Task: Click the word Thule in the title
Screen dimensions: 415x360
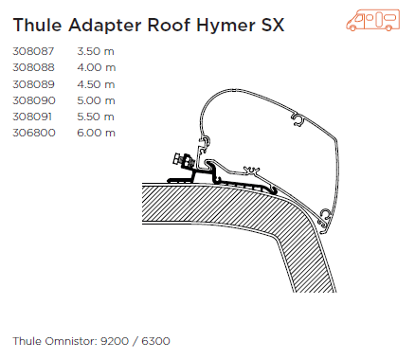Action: (x=37, y=25)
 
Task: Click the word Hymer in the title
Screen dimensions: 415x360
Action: (x=226, y=26)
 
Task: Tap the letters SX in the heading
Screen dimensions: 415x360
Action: (x=273, y=25)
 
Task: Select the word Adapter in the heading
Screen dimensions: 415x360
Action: (x=105, y=26)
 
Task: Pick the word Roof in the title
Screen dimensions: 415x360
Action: (x=169, y=25)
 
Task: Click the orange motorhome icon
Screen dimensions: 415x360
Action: (x=373, y=20)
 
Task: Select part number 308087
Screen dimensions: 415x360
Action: (x=33, y=51)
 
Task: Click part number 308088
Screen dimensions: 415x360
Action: (x=33, y=67)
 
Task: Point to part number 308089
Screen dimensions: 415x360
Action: (x=33, y=84)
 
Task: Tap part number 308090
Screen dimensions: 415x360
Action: (x=34, y=100)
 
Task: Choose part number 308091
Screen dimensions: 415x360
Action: (x=32, y=117)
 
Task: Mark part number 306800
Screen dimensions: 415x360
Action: (x=34, y=133)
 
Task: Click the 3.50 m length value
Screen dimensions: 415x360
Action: (x=96, y=51)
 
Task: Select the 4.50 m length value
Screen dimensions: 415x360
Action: (x=96, y=84)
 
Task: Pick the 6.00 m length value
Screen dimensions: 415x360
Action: (x=96, y=133)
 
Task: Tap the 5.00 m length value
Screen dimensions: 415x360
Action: (x=96, y=100)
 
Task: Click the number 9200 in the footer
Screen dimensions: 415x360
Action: (x=115, y=341)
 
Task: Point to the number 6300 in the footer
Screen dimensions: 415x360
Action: (x=155, y=341)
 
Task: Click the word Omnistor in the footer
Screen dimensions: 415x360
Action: (x=71, y=341)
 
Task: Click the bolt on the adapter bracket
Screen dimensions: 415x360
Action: (x=183, y=160)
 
